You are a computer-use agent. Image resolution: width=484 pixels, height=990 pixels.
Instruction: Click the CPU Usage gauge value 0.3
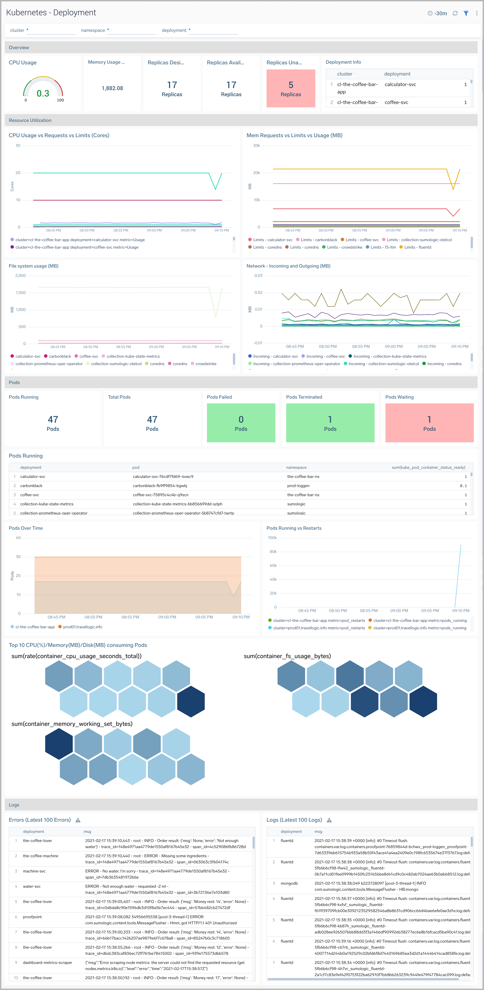[43, 93]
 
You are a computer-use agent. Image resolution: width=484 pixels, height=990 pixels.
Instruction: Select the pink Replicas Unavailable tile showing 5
[291, 88]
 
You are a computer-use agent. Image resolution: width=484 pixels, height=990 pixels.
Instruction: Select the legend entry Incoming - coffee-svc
[325, 356]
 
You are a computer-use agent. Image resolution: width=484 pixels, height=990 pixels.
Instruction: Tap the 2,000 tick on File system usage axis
[20, 276]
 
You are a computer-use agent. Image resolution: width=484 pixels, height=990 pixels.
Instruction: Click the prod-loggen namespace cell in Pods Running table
[298, 486]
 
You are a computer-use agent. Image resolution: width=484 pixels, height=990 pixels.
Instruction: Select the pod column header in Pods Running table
[136, 467]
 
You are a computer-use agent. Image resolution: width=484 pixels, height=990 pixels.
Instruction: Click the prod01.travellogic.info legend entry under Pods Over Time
[82, 627]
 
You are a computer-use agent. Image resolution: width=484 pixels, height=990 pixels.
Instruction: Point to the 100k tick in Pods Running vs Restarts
[272, 538]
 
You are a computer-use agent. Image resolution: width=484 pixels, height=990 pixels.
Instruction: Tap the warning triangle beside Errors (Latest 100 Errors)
[78, 820]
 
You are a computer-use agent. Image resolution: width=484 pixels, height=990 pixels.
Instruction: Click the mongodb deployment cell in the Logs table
[289, 883]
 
